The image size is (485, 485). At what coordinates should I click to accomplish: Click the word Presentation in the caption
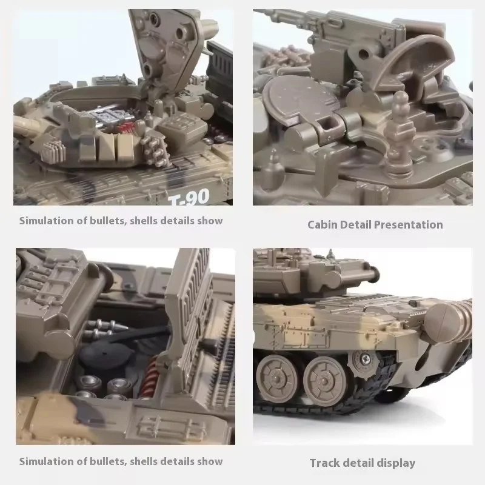(408, 225)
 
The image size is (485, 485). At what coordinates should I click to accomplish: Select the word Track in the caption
(326, 463)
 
